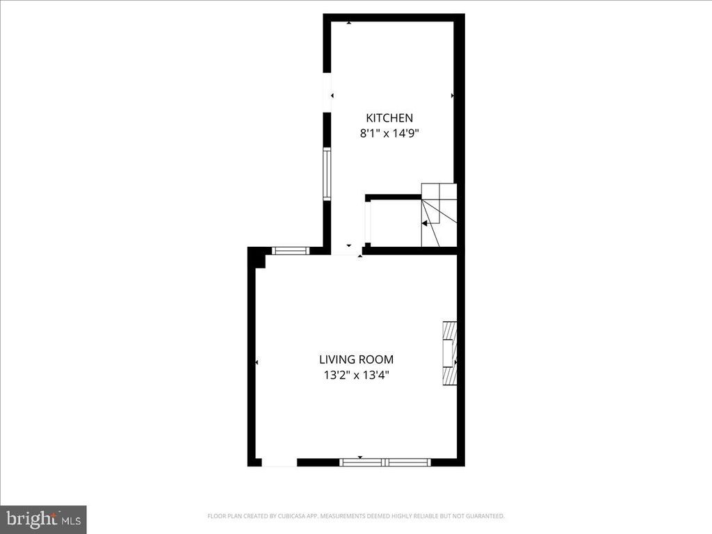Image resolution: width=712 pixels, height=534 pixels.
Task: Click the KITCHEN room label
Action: pyautogui.click(x=389, y=118)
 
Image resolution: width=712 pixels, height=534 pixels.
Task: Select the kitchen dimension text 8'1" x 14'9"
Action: pyautogui.click(x=389, y=133)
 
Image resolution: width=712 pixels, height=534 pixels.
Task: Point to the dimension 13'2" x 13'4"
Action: pyautogui.click(x=356, y=375)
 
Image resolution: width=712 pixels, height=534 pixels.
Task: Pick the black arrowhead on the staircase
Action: pyautogui.click(x=423, y=223)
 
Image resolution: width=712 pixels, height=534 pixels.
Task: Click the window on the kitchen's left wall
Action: pyautogui.click(x=327, y=173)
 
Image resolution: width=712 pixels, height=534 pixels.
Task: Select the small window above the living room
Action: pyautogui.click(x=290, y=251)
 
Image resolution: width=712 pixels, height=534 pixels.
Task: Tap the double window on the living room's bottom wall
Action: pyautogui.click(x=385, y=462)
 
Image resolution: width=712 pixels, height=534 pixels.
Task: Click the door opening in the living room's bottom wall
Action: pyautogui.click(x=280, y=462)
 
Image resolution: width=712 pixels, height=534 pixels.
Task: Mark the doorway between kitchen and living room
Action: pyautogui.click(x=346, y=251)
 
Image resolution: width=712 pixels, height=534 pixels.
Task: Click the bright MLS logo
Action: pyautogui.click(x=43, y=519)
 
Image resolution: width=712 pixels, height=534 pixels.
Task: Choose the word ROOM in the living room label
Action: pyautogui.click(x=376, y=359)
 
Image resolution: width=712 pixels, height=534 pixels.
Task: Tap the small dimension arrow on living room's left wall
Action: pyautogui.click(x=257, y=362)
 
